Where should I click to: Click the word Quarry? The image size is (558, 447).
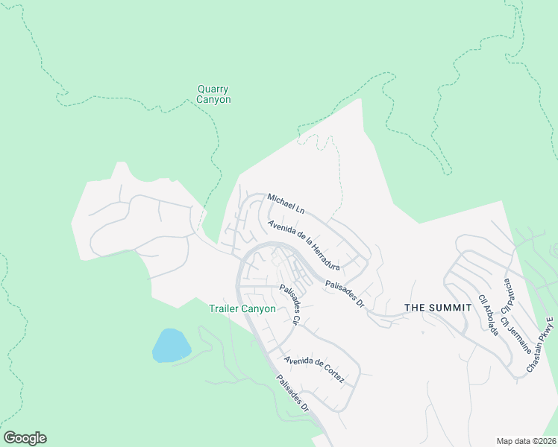[213, 89]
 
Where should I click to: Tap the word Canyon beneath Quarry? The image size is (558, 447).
[213, 100]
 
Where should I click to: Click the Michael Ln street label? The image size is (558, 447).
[286, 203]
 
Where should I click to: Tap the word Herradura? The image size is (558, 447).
[325, 256]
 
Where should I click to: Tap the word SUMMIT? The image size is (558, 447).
[450, 307]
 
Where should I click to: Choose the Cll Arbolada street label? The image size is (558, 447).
[488, 314]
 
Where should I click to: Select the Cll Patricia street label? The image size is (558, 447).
[508, 295]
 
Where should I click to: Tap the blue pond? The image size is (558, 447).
[171, 345]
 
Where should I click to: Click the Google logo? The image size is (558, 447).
[25, 438]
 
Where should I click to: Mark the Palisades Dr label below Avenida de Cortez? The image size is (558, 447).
[292, 392]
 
